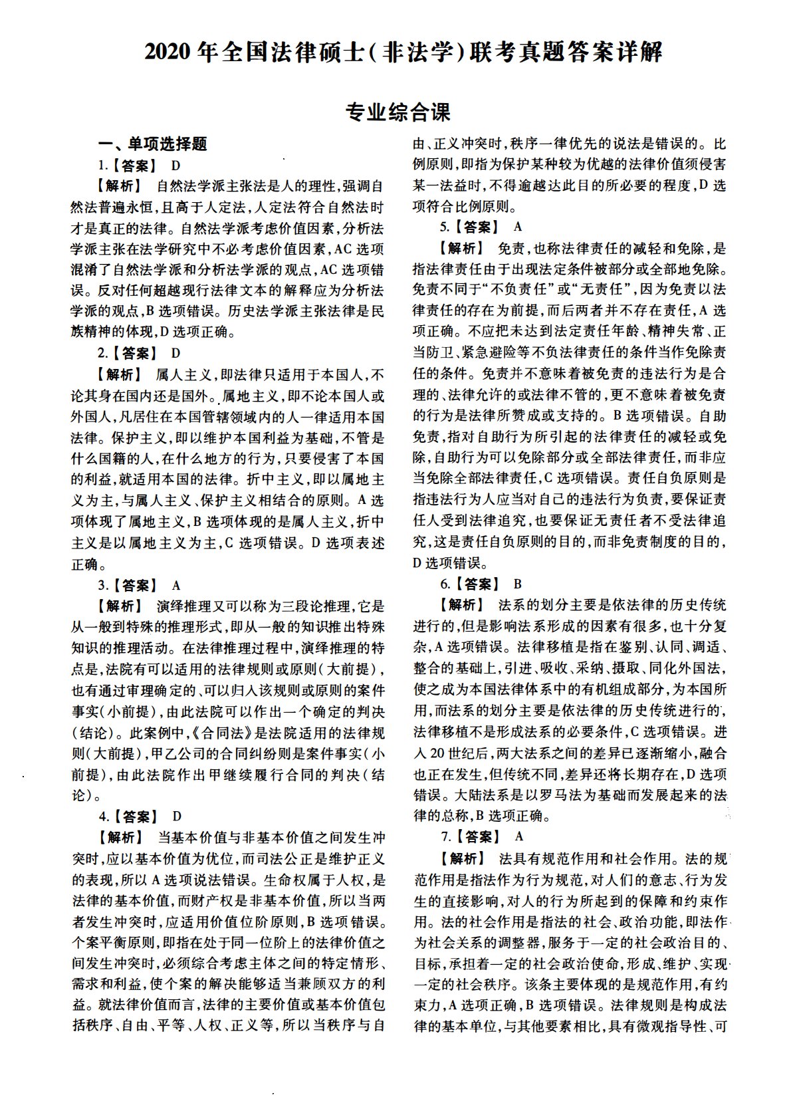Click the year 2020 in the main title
[x=168, y=52]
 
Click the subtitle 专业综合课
[x=397, y=112]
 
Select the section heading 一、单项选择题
[x=153, y=144]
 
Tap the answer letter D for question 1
[x=176, y=166]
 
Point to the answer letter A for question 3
[x=176, y=586]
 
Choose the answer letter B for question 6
[x=518, y=584]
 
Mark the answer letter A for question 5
[x=518, y=227]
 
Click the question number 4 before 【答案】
[x=103, y=816]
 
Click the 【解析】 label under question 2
[x=117, y=374]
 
